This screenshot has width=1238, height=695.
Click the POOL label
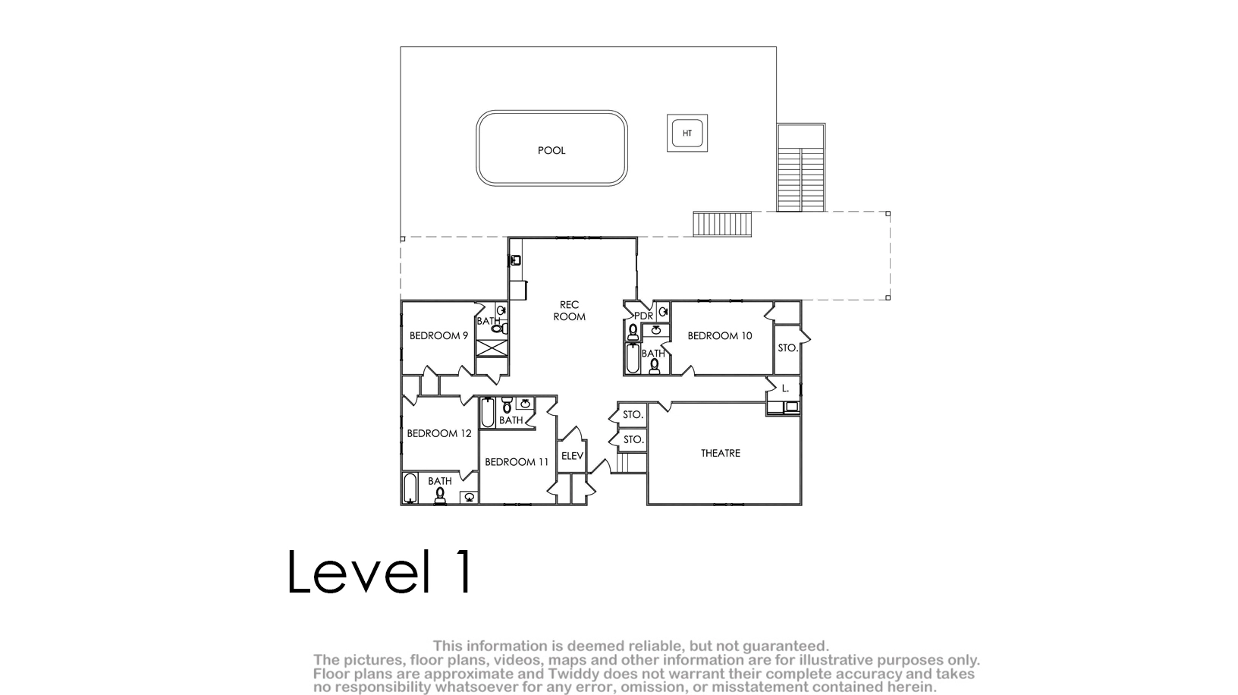(x=551, y=150)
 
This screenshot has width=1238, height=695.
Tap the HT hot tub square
(x=687, y=134)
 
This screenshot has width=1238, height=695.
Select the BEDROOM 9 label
(x=438, y=335)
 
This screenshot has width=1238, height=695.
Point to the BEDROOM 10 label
(x=720, y=335)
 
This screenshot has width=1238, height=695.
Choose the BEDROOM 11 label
(x=517, y=461)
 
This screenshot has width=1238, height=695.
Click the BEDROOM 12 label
(x=439, y=433)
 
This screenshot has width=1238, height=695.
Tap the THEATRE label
(x=720, y=454)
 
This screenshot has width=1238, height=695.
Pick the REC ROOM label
(x=569, y=311)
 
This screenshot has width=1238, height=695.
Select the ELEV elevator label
(x=572, y=456)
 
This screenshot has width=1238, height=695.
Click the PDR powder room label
(x=644, y=316)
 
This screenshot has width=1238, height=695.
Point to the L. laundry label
(x=785, y=388)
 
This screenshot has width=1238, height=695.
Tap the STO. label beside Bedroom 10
(x=787, y=348)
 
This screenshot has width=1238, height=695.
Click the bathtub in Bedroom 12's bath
(x=410, y=488)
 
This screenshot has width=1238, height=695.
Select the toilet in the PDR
(x=633, y=332)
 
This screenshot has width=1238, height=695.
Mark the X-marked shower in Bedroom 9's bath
(x=492, y=348)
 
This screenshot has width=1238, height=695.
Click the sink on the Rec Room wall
(x=516, y=259)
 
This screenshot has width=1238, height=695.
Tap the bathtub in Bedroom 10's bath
(x=633, y=358)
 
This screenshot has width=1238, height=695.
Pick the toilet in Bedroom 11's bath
(x=507, y=405)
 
